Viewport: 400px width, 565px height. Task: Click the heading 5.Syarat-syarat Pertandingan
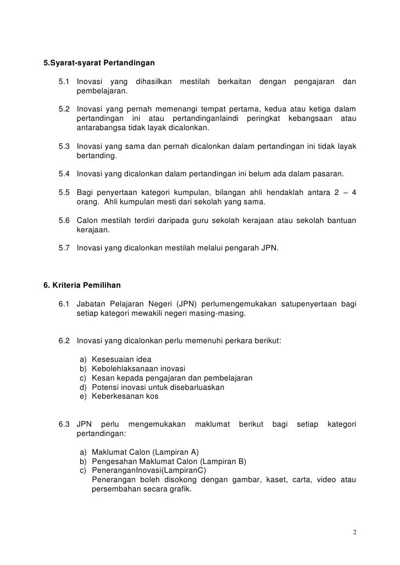(99, 62)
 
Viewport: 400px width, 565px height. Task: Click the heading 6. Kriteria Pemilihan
(82, 286)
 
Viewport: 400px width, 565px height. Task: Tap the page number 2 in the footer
(355, 533)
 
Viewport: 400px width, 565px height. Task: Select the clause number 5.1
(64, 82)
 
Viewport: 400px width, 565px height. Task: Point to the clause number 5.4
(64, 175)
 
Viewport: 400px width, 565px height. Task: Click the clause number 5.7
(64, 248)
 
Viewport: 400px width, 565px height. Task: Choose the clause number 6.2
(64, 340)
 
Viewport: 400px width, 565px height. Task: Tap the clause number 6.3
(64, 424)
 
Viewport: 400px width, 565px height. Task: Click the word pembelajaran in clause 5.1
(101, 91)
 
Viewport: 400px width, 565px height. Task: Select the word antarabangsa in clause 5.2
(101, 128)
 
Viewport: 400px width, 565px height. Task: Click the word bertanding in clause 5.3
(96, 156)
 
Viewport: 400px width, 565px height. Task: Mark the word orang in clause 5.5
(86, 202)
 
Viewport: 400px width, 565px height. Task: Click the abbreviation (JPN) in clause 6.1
(180, 304)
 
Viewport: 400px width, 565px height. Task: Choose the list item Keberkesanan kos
(125, 396)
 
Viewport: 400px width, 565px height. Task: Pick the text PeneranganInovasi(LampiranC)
(148, 469)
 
